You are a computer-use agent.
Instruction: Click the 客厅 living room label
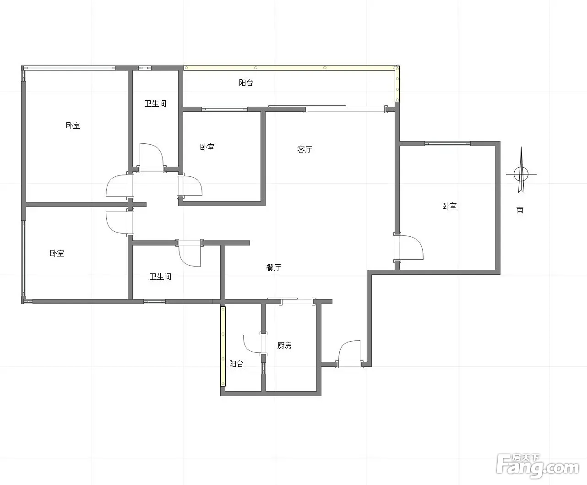coord(304,149)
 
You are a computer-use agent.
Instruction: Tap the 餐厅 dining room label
coord(273,267)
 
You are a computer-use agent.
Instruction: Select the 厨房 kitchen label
coord(284,345)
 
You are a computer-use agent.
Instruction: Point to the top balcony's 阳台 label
coord(246,82)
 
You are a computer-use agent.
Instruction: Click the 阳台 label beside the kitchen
coord(236,364)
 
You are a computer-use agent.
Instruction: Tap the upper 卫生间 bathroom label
coord(155,104)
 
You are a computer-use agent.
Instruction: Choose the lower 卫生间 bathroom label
coord(160,277)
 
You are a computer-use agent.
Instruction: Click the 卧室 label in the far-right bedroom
coord(449,206)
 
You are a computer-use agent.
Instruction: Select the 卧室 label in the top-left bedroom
coord(73,125)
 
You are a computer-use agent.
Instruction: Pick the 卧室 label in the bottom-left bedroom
coord(57,253)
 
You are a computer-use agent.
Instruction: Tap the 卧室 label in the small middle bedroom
coord(207,147)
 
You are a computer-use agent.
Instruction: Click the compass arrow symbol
coord(521,171)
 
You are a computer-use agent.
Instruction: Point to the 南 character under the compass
coord(520,210)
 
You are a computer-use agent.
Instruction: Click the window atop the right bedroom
coord(447,143)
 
